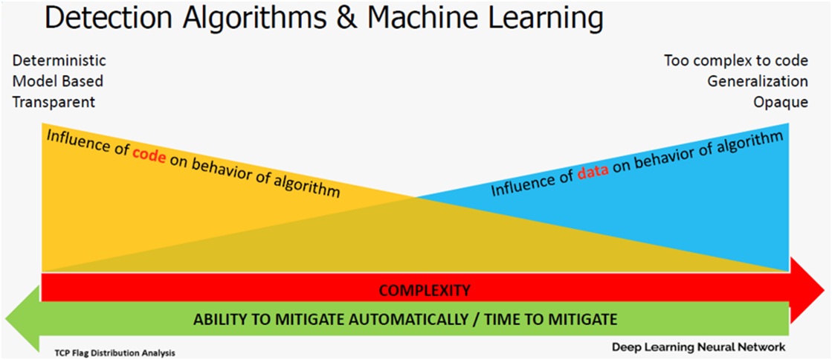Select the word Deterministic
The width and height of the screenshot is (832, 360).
click(x=59, y=60)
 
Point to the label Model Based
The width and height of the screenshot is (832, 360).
click(x=57, y=81)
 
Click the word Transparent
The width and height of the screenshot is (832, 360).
click(x=54, y=102)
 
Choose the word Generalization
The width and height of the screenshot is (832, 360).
click(x=758, y=81)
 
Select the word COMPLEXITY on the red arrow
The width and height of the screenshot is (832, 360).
click(x=425, y=290)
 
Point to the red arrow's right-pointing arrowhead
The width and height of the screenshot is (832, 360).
click(x=807, y=290)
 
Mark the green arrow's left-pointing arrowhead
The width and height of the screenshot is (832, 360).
click(x=22, y=318)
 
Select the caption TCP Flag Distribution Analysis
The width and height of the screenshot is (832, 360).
click(x=115, y=352)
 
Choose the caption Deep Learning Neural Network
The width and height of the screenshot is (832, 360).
click(x=697, y=348)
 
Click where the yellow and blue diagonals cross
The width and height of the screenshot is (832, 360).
click(x=416, y=198)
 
